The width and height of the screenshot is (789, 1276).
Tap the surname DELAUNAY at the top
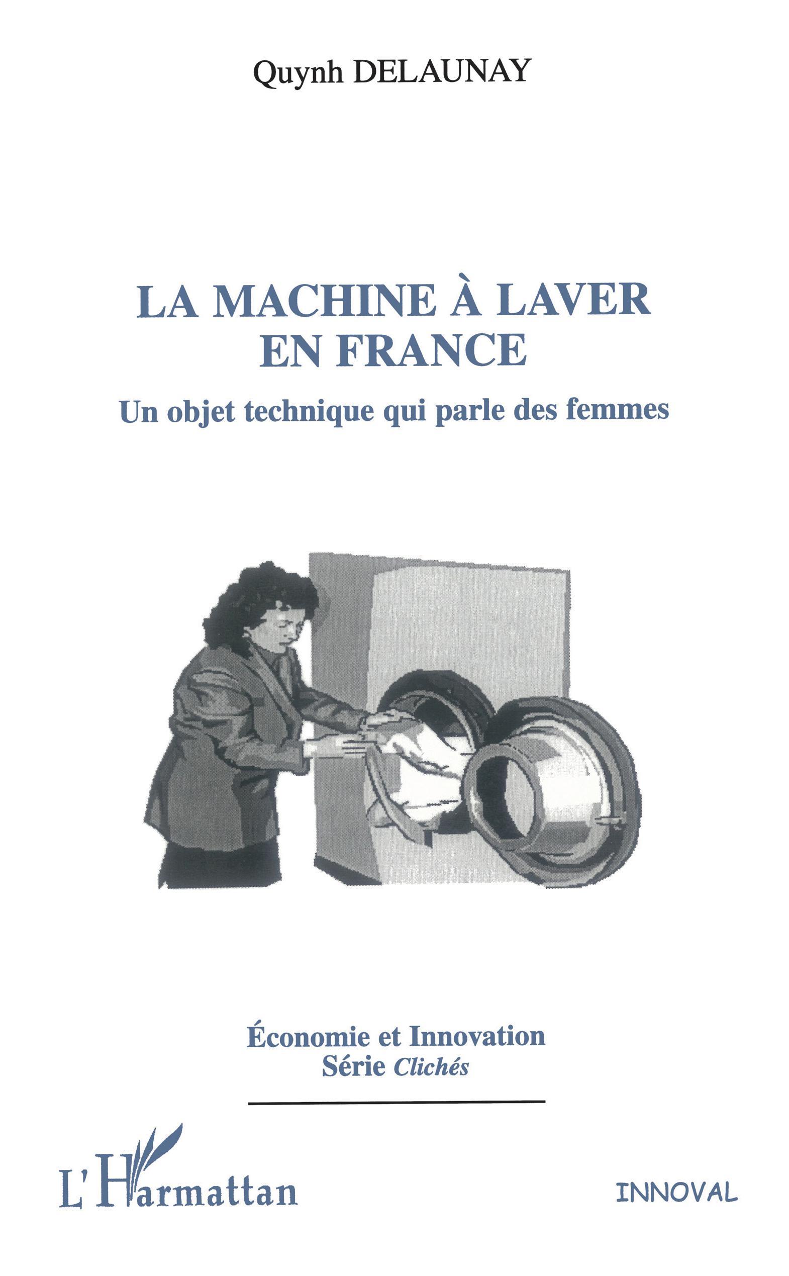click(x=440, y=70)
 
